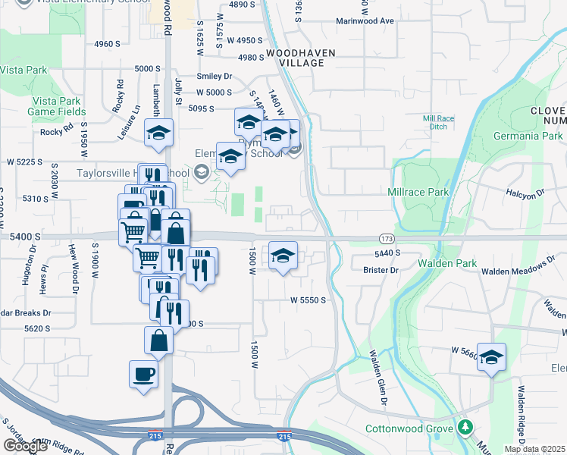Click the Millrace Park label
click(x=418, y=192)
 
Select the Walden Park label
click(x=446, y=263)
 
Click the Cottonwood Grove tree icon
click(x=465, y=427)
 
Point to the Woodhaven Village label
click(x=295, y=58)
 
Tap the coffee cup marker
click(x=143, y=375)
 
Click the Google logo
click(x=25, y=445)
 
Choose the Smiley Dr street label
click(x=214, y=76)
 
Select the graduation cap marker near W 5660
click(x=491, y=358)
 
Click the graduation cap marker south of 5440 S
click(x=283, y=257)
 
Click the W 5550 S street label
click(x=308, y=300)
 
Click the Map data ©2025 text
click(x=534, y=449)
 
